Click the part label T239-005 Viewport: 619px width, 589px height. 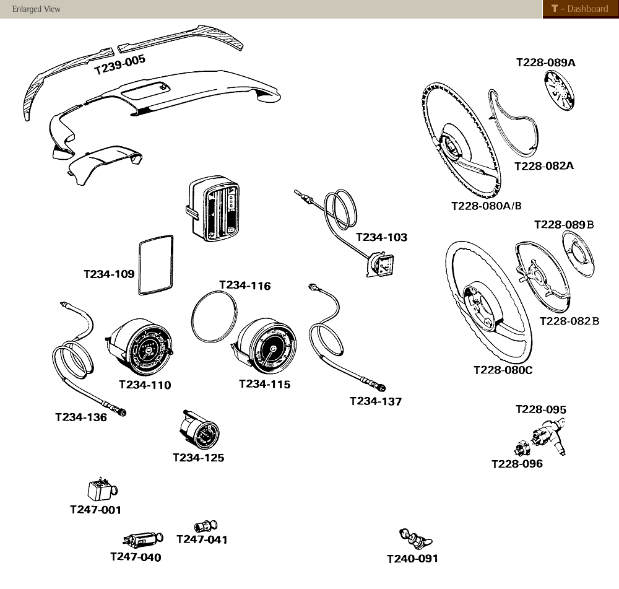119,64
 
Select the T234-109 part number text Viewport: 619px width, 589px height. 109,274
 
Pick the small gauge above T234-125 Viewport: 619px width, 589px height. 199,431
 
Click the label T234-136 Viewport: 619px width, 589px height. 80,417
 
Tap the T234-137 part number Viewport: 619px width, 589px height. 376,401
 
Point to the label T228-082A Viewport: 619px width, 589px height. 543,166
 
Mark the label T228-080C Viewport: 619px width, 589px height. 503,370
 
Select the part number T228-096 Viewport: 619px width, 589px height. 517,464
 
